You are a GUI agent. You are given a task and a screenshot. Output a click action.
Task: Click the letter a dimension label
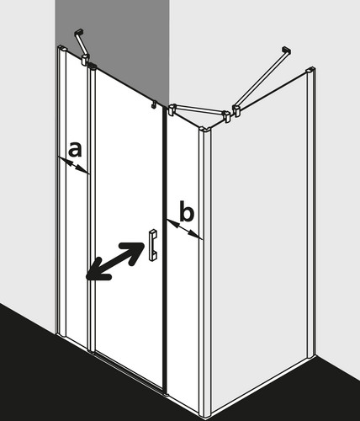tap(75, 149)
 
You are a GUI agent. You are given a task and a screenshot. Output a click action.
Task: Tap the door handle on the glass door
tap(153, 245)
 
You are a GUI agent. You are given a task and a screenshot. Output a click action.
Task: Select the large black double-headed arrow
tap(115, 261)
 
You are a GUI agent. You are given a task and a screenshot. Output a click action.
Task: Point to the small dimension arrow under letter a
tap(74, 165)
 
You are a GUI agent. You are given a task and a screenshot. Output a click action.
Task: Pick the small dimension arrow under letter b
tap(184, 229)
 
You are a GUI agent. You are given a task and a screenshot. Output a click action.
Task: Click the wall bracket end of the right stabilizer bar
tap(286, 51)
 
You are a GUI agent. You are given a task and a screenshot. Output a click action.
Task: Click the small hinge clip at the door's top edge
tap(154, 104)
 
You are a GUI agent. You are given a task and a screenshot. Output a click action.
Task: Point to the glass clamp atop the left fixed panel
tap(85, 60)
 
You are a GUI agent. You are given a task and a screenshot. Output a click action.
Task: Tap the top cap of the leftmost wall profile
tap(62, 48)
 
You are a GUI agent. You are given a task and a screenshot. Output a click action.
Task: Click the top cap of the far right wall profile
tap(310, 70)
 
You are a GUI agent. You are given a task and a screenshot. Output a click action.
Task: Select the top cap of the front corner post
tap(205, 129)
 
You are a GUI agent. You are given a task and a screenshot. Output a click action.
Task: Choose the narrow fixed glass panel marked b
tap(183, 253)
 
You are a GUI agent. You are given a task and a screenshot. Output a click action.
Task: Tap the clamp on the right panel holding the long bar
tap(237, 110)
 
